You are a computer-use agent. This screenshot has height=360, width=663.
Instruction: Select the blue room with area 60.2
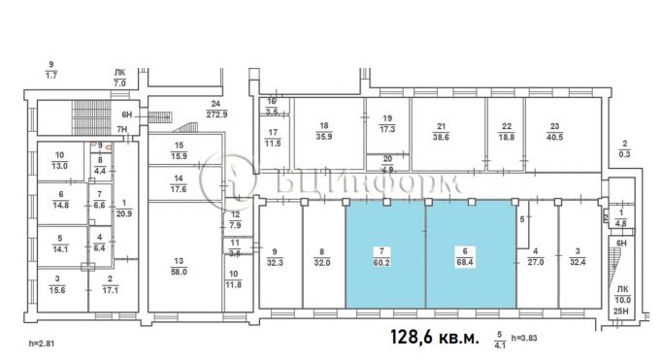[385, 254]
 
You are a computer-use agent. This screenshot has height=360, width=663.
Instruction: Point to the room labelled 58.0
[179, 267]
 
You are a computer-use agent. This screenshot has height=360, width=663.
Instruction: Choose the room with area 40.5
[554, 130]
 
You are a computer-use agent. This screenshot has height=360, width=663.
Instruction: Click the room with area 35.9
[324, 131]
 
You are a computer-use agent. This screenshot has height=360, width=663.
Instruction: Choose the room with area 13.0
[60, 161]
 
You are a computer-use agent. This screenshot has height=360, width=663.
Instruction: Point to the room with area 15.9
[180, 151]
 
